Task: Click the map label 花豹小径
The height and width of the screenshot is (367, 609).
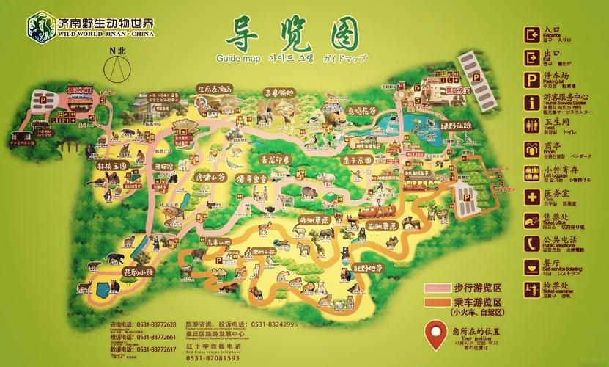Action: click(139, 271)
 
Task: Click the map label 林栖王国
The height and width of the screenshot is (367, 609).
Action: click(112, 167)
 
